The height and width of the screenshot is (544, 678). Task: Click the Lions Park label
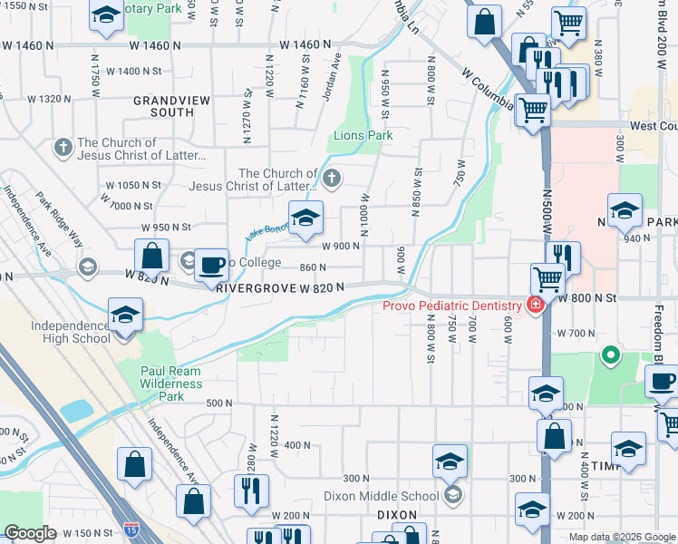362,135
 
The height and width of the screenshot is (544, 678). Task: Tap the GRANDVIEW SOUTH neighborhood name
164,106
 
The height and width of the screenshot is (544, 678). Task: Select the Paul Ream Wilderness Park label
171,384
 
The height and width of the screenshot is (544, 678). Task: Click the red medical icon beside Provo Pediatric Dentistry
536,304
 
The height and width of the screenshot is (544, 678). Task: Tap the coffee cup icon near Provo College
211,265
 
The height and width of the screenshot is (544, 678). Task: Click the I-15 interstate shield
134,527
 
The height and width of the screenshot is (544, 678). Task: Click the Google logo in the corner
29,533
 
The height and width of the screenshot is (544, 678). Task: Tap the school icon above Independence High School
125,315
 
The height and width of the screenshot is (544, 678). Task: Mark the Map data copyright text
622,537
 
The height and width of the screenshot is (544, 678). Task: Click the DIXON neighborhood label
396,514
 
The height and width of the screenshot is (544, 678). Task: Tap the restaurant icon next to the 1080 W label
249,491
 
